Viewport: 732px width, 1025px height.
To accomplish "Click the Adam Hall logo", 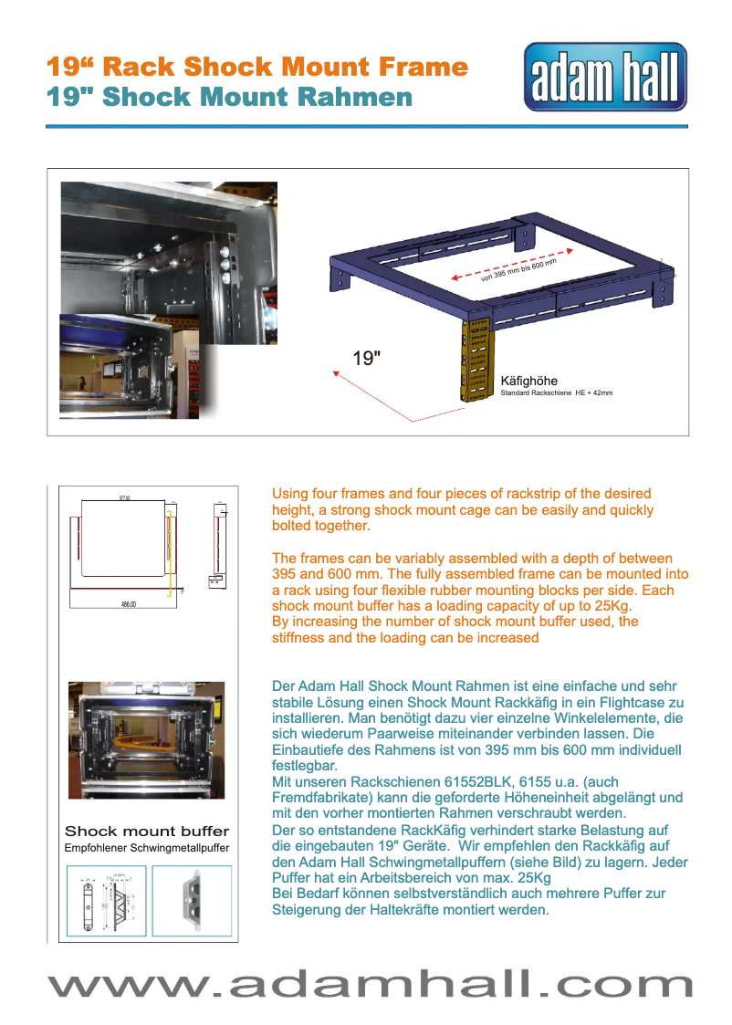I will [x=605, y=77].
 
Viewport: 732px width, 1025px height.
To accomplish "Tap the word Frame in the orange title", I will [x=420, y=67].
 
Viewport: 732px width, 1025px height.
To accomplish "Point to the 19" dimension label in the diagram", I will [x=367, y=359].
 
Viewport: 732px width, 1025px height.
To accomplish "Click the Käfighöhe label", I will [x=528, y=381].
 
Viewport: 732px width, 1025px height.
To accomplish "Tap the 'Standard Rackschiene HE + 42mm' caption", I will [x=556, y=392].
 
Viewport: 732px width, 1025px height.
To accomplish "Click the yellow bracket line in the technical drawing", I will [x=170, y=553].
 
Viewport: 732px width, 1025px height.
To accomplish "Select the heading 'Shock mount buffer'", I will [x=146, y=832].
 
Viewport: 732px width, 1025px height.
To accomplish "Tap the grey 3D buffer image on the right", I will [x=191, y=900].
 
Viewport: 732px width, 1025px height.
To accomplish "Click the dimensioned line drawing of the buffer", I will [x=106, y=900].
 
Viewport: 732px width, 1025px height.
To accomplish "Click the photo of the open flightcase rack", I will [x=146, y=739].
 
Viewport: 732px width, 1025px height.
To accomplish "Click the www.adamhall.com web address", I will [x=370, y=985].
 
